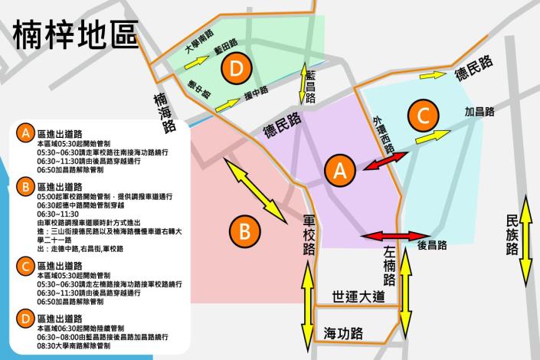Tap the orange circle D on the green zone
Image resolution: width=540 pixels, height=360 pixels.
click(x=237, y=69)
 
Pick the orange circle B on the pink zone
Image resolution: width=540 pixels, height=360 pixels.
click(x=243, y=230)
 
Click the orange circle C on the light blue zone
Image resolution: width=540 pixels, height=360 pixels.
click(x=423, y=116)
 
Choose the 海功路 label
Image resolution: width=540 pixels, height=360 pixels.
click(x=343, y=334)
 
